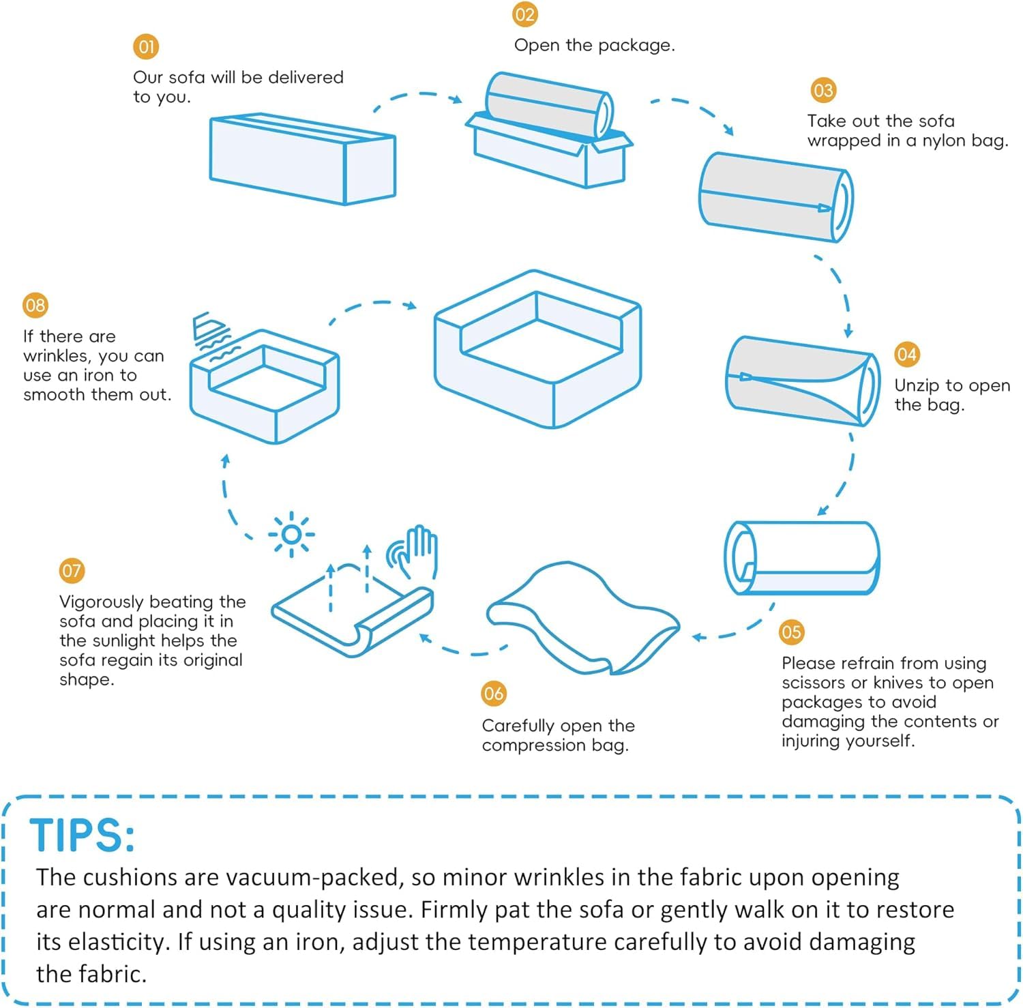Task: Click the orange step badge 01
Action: point(146,47)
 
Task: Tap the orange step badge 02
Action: point(525,15)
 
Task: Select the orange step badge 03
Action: point(823,91)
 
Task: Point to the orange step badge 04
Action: point(907,355)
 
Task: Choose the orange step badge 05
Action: point(791,632)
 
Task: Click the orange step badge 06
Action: point(494,694)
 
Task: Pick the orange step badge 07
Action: point(72,571)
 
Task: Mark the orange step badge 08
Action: point(35,306)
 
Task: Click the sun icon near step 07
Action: point(292,534)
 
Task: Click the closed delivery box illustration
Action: point(302,159)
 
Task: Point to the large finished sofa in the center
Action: point(537,349)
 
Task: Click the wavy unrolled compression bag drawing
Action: point(583,618)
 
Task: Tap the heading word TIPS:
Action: point(82,835)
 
